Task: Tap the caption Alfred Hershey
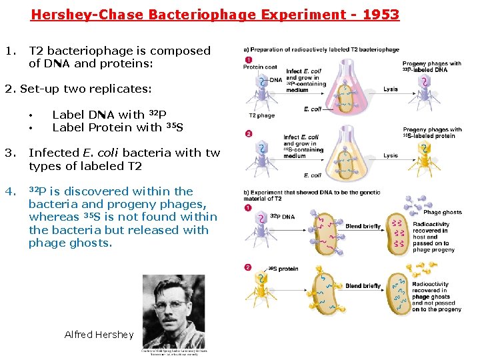tap(99, 335)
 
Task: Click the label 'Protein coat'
tap(259, 67)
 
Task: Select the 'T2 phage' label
tap(262, 115)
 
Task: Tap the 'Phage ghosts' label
tap(441, 212)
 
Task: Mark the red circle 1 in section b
tap(249, 208)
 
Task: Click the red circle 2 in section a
tap(249, 133)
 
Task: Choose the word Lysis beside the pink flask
tap(391, 89)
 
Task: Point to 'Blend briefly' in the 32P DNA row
tap(363, 227)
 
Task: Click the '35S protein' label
tap(283, 269)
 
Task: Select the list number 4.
tap(9, 191)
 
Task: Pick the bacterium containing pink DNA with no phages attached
tap(399, 234)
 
